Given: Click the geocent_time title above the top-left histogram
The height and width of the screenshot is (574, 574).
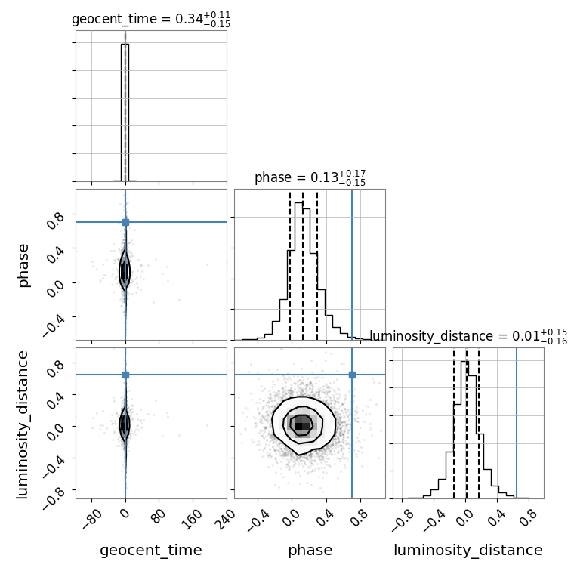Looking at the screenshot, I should tap(151, 20).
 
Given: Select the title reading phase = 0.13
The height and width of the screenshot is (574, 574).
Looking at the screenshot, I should tap(310, 178).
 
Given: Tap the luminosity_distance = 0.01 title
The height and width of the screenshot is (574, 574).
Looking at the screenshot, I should tap(468, 337).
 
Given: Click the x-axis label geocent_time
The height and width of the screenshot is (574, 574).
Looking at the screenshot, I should tap(151, 551).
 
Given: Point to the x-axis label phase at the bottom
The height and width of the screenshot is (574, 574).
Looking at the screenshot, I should tap(310, 551).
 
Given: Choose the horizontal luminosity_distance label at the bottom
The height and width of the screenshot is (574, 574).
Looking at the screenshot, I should tap(468, 551).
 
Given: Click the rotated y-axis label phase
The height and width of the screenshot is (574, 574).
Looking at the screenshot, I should tap(23, 265).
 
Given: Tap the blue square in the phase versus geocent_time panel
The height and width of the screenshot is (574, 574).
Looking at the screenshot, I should tap(125, 222).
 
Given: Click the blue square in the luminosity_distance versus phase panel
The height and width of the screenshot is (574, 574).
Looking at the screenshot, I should tap(352, 375).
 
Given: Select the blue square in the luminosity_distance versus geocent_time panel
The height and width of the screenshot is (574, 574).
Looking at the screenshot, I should tap(125, 375).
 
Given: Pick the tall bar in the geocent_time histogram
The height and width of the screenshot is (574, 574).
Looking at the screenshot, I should tap(125, 113).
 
